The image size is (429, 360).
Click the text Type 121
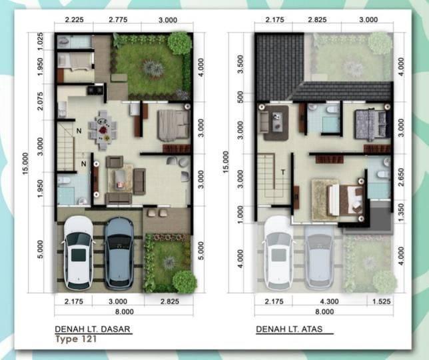[x=76, y=339]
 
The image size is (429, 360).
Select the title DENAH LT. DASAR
[x=93, y=329]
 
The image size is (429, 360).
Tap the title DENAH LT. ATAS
[x=289, y=329]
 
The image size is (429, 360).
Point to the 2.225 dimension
[x=74, y=20]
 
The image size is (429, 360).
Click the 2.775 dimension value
[x=118, y=20]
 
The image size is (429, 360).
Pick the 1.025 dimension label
[x=40, y=41]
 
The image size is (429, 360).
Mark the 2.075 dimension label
[x=40, y=101]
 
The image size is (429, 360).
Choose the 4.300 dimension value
[x=329, y=301]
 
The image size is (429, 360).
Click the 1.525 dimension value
[x=382, y=301]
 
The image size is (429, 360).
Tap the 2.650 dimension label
[x=401, y=177]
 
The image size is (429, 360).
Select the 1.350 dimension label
[x=401, y=212]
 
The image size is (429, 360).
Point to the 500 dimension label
[x=240, y=97]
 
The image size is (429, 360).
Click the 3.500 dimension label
[x=240, y=64]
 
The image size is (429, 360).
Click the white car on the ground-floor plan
[x=79, y=253]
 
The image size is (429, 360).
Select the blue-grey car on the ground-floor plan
[x=119, y=253]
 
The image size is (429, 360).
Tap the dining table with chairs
[x=103, y=130]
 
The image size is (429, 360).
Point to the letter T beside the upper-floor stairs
[x=283, y=173]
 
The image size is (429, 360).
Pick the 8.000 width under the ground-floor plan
[x=124, y=311]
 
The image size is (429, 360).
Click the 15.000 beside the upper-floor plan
[x=226, y=162]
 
